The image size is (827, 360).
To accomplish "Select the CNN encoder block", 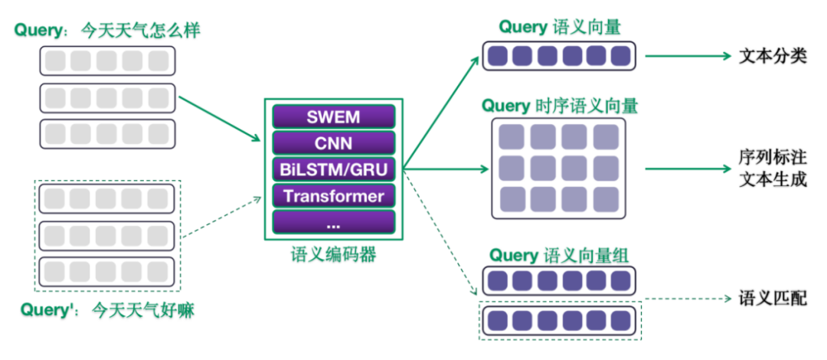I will (333, 142).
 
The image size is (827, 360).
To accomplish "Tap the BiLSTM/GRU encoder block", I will (333, 169).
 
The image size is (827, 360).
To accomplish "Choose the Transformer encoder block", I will (333, 196).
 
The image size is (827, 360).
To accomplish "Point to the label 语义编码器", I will (334, 254).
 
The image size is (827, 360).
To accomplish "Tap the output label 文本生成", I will (773, 182).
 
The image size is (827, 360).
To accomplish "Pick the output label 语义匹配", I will (773, 298).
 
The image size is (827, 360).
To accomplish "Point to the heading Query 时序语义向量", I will (559, 104).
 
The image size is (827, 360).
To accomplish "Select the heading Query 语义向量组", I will (559, 254).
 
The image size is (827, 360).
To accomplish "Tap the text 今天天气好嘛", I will (142, 310).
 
